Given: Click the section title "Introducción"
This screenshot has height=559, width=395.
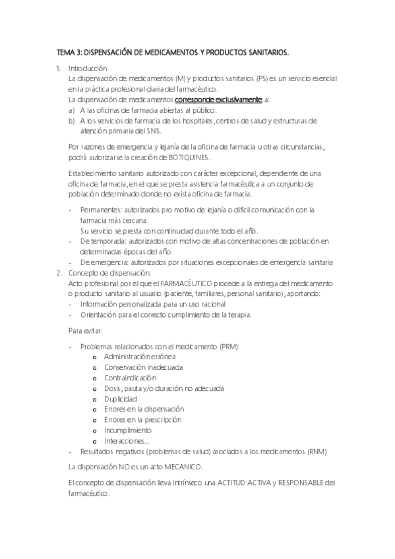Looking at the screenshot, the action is pyautogui.click(x=88, y=69).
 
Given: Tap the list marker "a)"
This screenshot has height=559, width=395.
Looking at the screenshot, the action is pyautogui.click(x=71, y=110).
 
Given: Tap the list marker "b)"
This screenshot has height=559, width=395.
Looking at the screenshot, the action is pyautogui.click(x=71, y=121).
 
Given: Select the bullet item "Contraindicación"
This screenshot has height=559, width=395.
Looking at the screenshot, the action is pyautogui.click(x=130, y=378).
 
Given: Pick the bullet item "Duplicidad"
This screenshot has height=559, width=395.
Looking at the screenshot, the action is pyautogui.click(x=121, y=399).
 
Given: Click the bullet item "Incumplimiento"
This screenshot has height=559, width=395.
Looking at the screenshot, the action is pyautogui.click(x=127, y=430).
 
